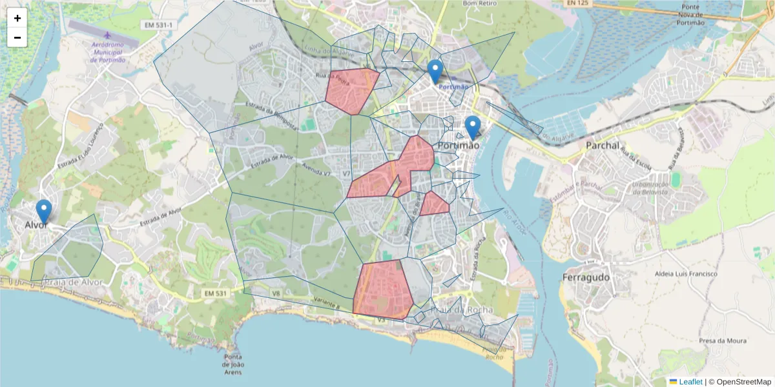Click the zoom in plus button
point(17,18)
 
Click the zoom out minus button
point(17,37)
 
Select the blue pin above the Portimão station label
point(435,71)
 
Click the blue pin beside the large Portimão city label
point(473,127)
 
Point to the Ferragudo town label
point(586,277)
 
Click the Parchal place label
point(602,146)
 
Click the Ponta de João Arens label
point(233,364)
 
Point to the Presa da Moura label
point(723,341)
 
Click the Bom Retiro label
point(479,4)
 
